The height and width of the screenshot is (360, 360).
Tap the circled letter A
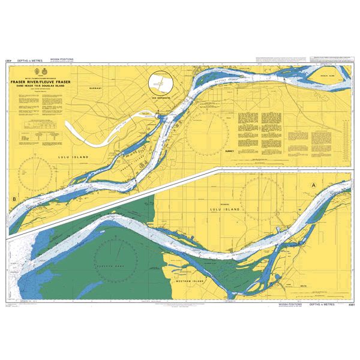click(313, 186)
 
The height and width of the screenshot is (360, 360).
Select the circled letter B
click(14, 199)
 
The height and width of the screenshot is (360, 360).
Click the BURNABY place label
click(97, 88)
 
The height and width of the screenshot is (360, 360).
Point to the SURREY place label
click(228, 152)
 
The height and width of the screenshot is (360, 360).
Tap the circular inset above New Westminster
click(161, 82)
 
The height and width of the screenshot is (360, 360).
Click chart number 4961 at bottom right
click(347, 305)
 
